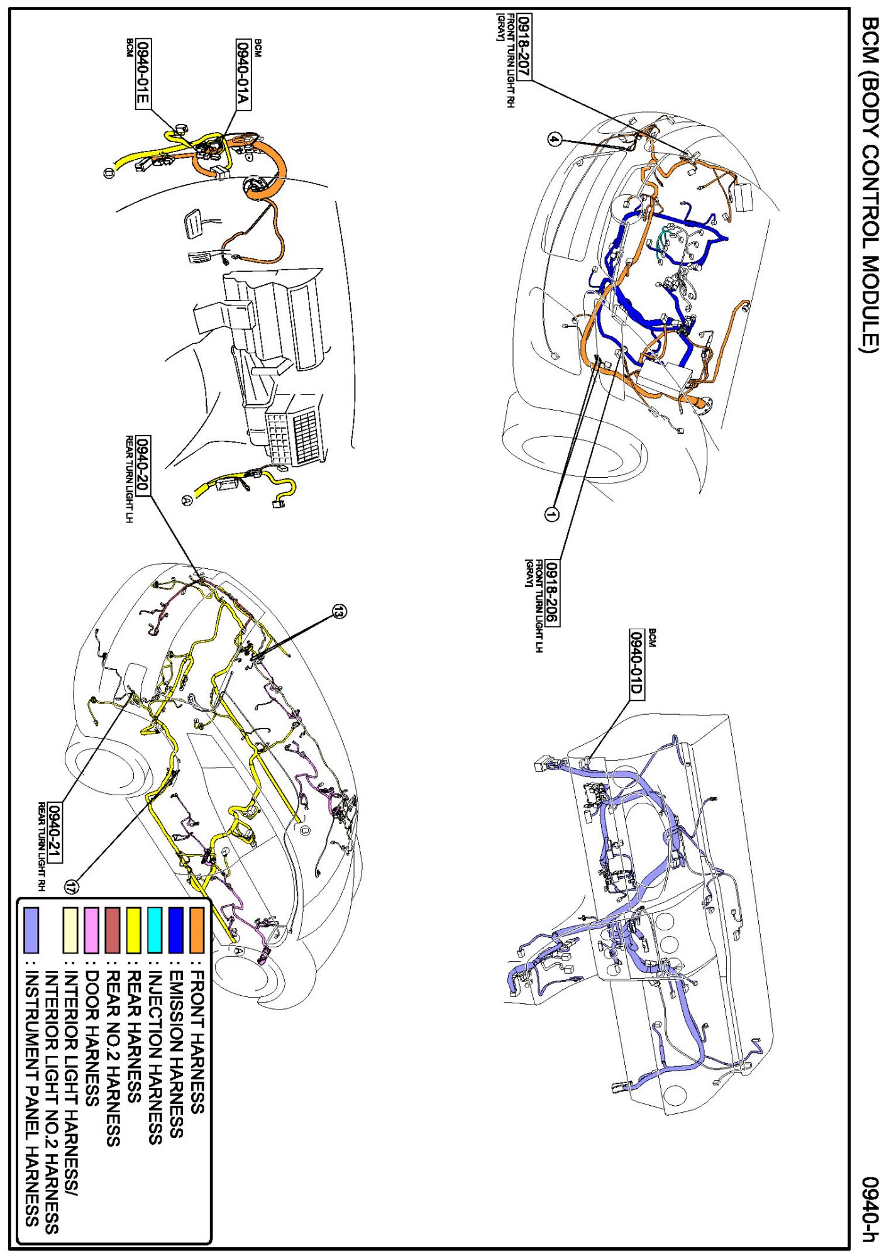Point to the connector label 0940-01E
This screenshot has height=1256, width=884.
pos(143,74)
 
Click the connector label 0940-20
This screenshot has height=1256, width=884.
pos(143,465)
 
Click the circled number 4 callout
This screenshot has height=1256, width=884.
pos(554,140)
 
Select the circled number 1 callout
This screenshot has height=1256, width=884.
pos(551,514)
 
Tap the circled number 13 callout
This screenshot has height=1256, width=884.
pos(339,611)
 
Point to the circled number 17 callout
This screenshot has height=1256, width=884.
pos(72,887)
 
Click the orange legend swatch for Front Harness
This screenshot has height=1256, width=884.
pos(197,930)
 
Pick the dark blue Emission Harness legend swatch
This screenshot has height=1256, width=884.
pos(176,930)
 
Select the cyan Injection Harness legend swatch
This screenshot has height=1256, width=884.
pos(155,930)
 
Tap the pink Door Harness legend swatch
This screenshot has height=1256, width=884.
pos(91,930)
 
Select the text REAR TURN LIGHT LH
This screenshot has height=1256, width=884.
pos(130,479)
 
